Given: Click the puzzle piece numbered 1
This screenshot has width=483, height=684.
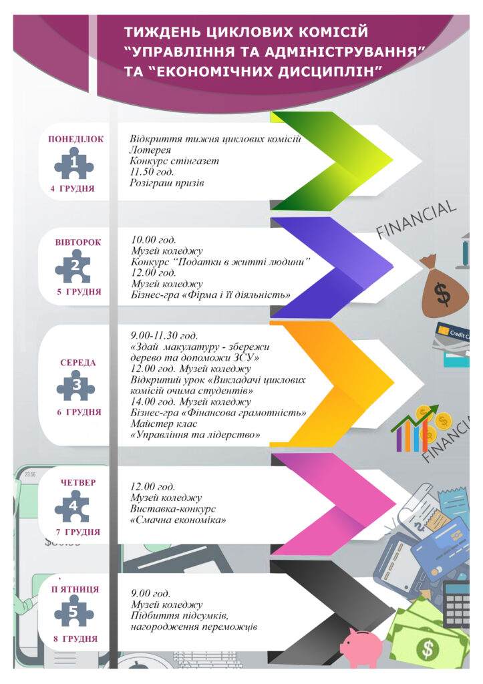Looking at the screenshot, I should (x=73, y=162).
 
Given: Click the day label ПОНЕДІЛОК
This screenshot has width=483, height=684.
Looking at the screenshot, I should (x=75, y=140).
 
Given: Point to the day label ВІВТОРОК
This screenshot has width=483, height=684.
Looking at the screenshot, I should (x=78, y=242).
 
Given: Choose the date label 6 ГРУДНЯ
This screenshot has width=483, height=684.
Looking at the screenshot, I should (x=79, y=412).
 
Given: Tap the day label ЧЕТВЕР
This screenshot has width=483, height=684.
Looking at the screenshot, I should (x=78, y=482).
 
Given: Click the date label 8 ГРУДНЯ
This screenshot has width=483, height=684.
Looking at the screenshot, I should (x=75, y=639).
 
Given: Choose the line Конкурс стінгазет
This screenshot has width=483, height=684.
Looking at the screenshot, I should (x=174, y=161).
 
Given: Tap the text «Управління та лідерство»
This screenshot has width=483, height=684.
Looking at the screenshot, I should (x=196, y=435).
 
